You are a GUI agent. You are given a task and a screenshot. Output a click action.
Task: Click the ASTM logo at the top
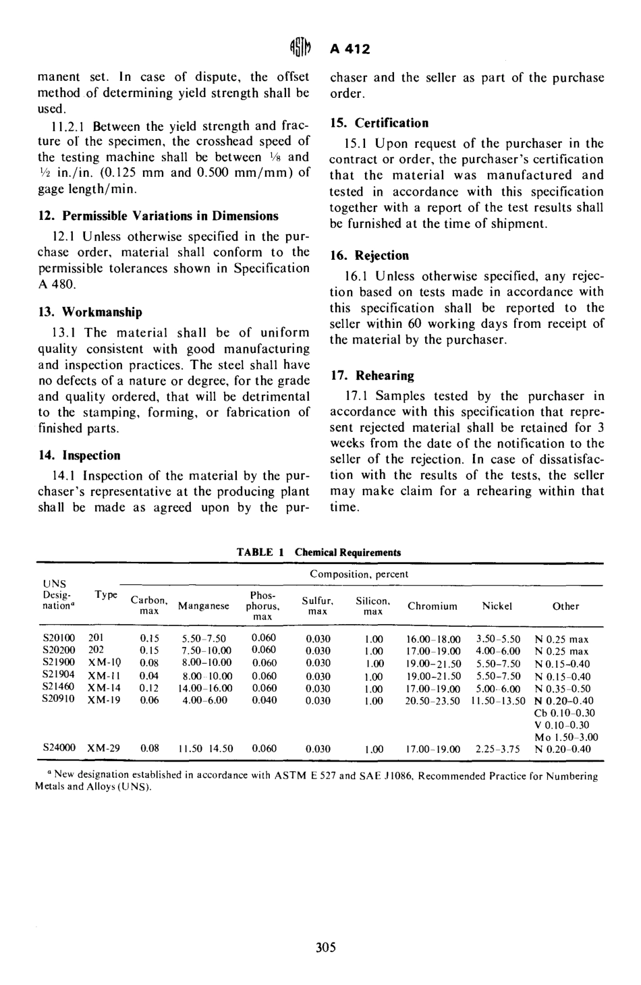[x=300, y=49]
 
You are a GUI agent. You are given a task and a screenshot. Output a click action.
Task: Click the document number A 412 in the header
[x=350, y=49]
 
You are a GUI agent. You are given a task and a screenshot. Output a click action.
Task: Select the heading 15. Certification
[x=379, y=123]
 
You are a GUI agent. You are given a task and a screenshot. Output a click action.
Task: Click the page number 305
[x=325, y=947]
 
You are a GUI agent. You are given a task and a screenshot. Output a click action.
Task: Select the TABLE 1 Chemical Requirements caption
[x=318, y=553]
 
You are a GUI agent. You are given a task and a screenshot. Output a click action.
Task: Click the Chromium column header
[x=433, y=607]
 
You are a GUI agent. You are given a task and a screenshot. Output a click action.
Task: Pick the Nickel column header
[x=497, y=607]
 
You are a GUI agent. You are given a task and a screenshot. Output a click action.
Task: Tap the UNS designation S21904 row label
[x=59, y=676]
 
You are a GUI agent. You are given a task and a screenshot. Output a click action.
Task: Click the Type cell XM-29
[x=105, y=748]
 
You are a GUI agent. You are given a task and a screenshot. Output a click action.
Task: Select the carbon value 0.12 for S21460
[x=148, y=688]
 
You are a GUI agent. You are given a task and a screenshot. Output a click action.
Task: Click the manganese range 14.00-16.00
[x=204, y=688]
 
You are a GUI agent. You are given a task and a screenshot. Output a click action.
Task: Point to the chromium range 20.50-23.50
[x=433, y=701]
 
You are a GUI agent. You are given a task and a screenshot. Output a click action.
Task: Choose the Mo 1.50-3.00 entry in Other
[x=565, y=737]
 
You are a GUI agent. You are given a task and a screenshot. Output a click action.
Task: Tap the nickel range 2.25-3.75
[x=497, y=748]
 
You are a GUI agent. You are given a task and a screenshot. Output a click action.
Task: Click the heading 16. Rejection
[x=370, y=256]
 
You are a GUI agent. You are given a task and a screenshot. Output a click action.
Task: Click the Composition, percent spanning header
[x=359, y=575]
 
